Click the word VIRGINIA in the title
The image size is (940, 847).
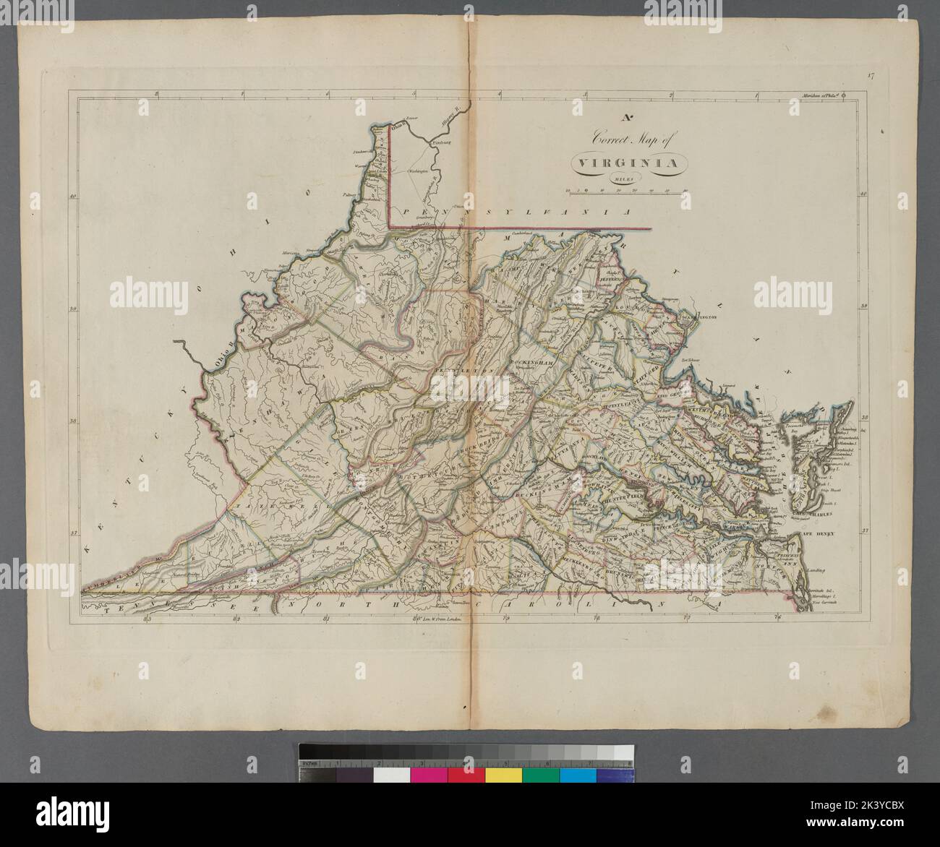[x=626, y=163]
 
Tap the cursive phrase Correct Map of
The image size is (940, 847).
[x=626, y=137]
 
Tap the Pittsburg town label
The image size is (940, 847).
[x=441, y=143]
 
